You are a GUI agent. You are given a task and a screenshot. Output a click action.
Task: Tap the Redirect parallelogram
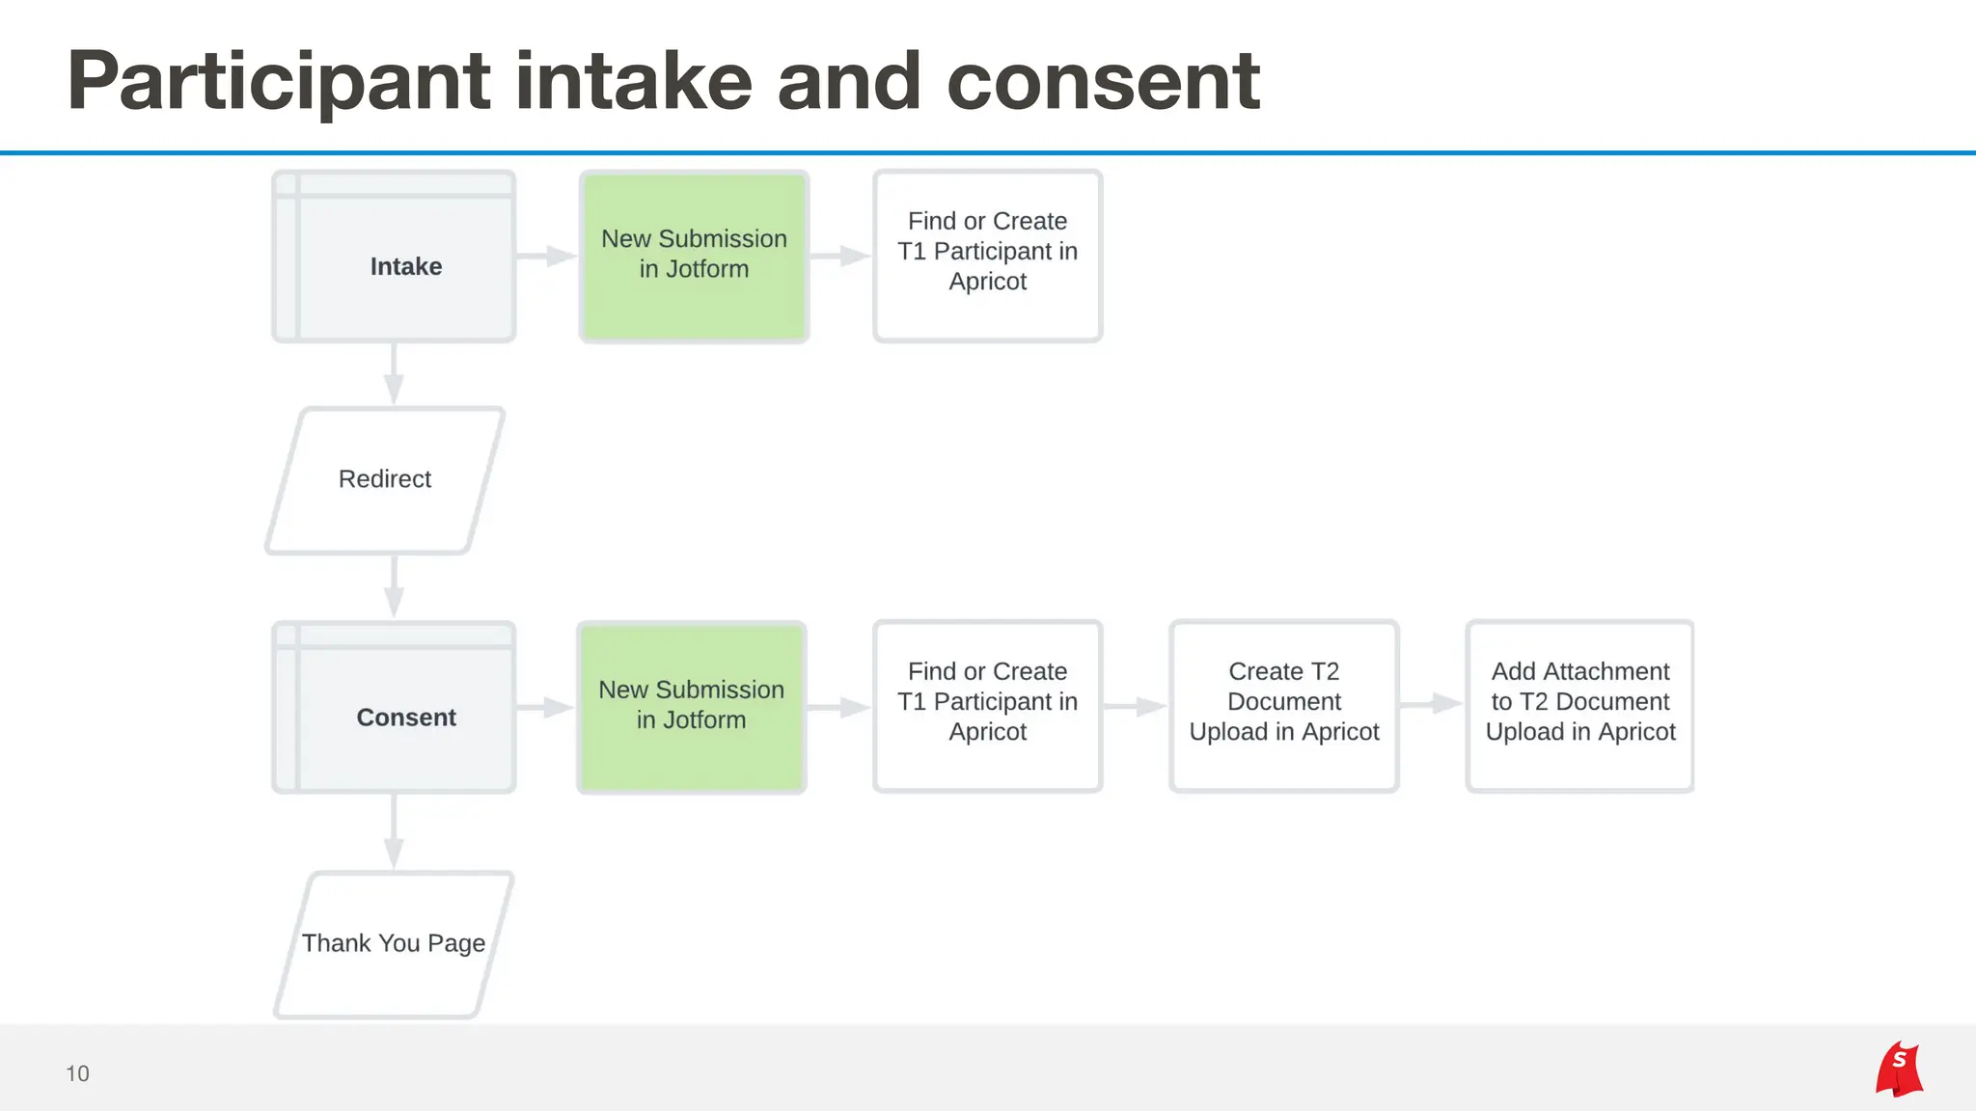point(385,480)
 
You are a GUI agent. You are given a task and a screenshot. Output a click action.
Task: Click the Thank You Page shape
point(394,944)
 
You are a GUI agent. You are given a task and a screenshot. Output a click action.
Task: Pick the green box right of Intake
point(694,257)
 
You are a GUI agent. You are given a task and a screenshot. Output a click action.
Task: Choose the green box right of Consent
point(692,707)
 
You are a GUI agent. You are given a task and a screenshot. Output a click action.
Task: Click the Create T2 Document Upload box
point(1284,706)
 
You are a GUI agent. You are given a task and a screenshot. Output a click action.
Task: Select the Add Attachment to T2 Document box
point(1579,706)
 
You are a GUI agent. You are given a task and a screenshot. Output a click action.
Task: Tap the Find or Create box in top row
point(987,256)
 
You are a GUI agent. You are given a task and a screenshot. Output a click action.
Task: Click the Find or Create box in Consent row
point(987,706)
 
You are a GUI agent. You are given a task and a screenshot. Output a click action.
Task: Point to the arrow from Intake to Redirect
point(394,374)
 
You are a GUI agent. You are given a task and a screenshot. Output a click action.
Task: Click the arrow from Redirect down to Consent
point(394,587)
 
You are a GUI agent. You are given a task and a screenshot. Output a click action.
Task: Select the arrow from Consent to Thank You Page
point(394,832)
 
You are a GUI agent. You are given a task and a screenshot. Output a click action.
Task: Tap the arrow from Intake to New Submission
point(547,256)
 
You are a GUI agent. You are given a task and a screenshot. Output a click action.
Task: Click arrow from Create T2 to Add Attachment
point(1432,704)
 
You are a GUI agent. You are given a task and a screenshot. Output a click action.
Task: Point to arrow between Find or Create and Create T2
point(1136,706)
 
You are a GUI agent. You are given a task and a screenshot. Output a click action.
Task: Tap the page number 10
point(77,1073)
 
